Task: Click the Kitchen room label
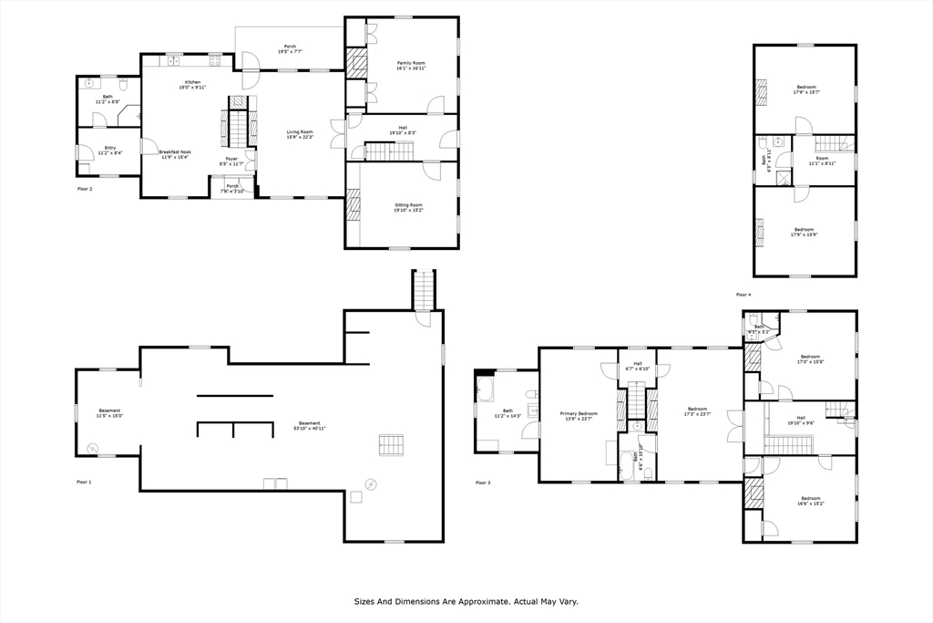click(x=192, y=82)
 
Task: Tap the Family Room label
click(x=411, y=62)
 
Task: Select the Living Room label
click(x=300, y=131)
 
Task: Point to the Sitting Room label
click(x=408, y=205)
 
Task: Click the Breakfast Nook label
click(x=175, y=151)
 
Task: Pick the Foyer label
click(x=232, y=158)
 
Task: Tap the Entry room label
click(x=110, y=147)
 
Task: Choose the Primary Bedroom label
click(x=579, y=413)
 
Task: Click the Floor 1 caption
click(x=85, y=482)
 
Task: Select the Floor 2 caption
click(x=85, y=189)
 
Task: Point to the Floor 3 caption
click(x=483, y=483)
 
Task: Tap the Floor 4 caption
click(x=743, y=295)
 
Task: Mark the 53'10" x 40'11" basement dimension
click(x=310, y=428)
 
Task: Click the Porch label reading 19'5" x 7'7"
click(x=290, y=52)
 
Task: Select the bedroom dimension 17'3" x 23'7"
click(x=697, y=414)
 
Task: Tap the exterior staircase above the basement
click(x=424, y=289)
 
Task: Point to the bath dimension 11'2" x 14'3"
click(x=508, y=416)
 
